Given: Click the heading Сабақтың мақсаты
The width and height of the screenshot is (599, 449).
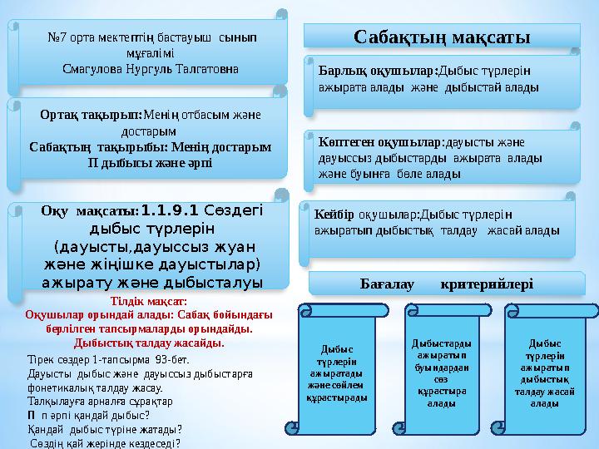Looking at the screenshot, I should (443, 36).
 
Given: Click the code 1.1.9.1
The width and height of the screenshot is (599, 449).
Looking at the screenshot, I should (170, 211).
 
